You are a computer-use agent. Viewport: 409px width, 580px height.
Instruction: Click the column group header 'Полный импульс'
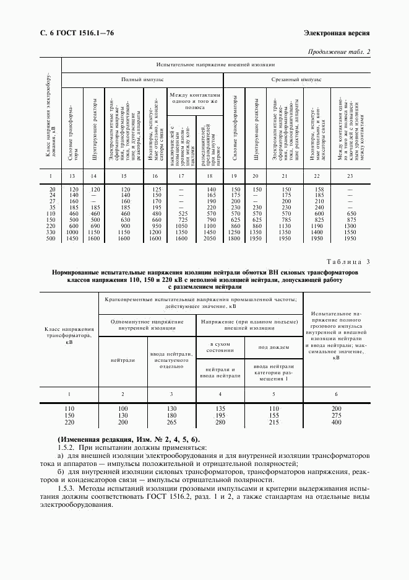[x=142, y=80]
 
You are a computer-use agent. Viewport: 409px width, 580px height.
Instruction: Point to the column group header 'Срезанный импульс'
[x=296, y=80]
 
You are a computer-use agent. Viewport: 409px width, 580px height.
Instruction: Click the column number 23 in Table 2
[x=350, y=177]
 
